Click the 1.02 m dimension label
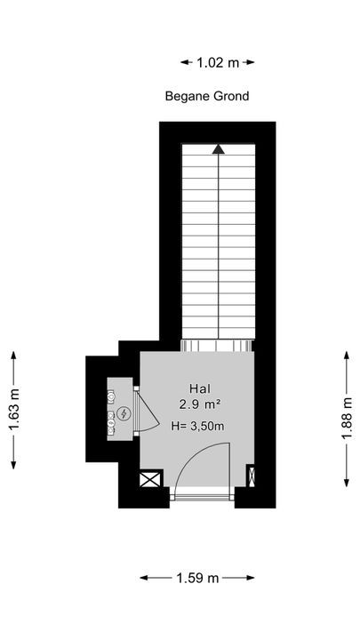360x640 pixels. click(x=218, y=62)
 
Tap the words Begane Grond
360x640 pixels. click(x=207, y=96)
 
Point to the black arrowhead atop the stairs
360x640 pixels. click(x=219, y=149)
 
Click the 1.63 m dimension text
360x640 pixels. click(x=14, y=410)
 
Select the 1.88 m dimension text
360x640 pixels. click(x=347, y=418)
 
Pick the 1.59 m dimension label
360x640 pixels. click(x=197, y=578)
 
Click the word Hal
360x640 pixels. click(x=200, y=388)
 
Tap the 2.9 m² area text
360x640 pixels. click(x=200, y=404)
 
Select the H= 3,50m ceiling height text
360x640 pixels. click(x=198, y=426)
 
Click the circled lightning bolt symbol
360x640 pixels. click(x=123, y=414)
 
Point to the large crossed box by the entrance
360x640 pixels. click(x=150, y=479)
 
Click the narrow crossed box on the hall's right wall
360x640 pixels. click(x=252, y=476)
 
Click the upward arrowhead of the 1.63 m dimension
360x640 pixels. click(x=14, y=356)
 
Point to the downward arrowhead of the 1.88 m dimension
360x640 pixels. click(x=347, y=483)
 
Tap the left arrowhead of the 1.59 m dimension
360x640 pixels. click(x=145, y=578)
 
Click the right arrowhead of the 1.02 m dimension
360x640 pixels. click(x=250, y=62)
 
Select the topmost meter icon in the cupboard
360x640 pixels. click(x=111, y=395)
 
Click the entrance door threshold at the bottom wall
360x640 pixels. click(x=202, y=497)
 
